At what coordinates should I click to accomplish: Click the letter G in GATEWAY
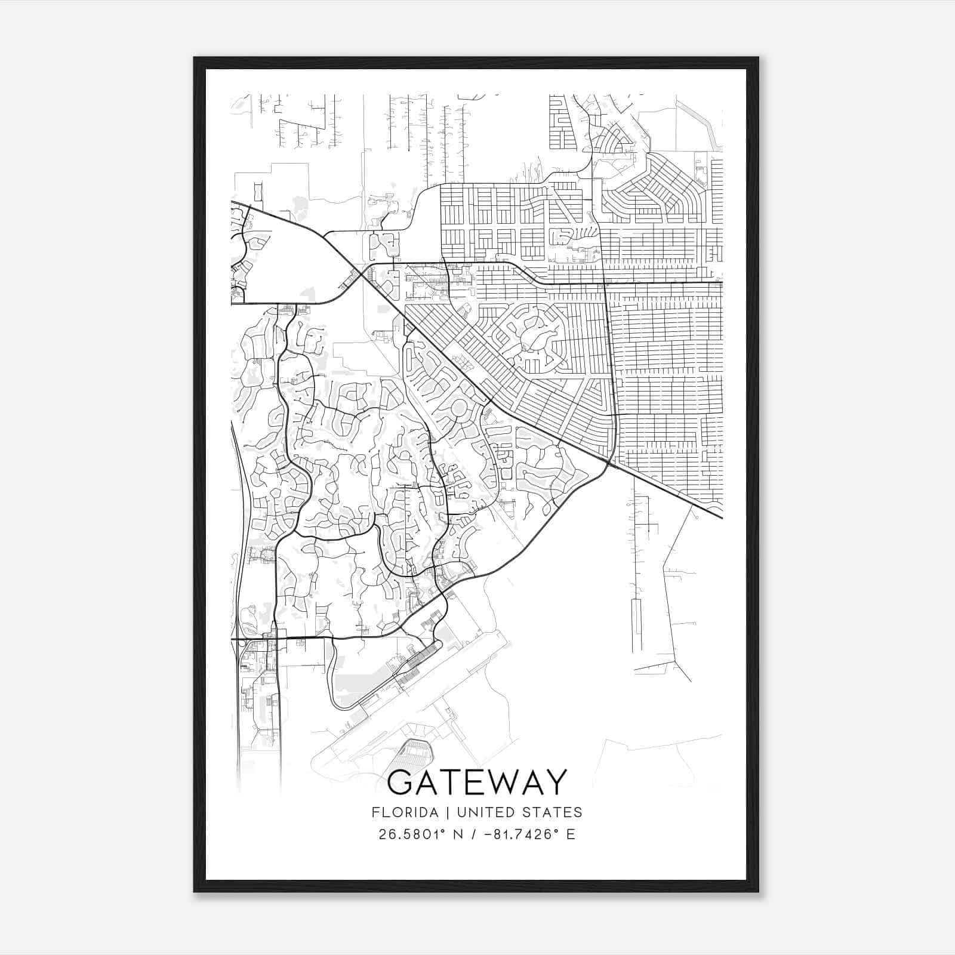[x=403, y=783]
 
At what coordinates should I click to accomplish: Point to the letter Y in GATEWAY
[x=555, y=783]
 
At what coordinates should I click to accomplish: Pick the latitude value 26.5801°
[x=412, y=834]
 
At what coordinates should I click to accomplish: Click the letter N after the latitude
[x=458, y=834]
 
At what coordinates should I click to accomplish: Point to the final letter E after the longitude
[x=571, y=834]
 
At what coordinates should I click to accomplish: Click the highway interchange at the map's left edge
[x=239, y=639]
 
